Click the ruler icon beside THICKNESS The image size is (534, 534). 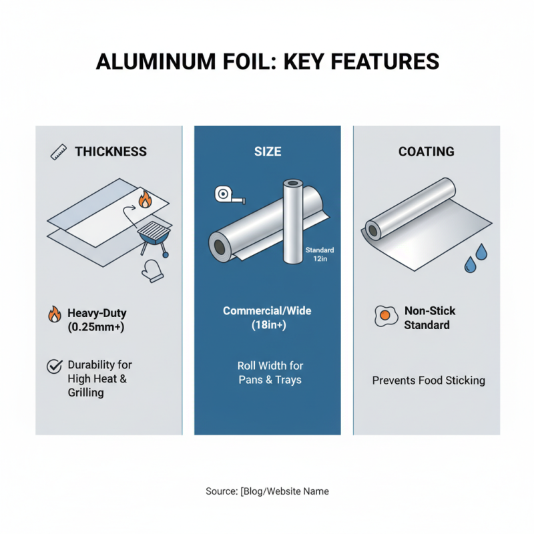pos(59,152)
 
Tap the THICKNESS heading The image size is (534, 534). pos(110,152)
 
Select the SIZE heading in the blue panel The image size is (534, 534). pos(267,152)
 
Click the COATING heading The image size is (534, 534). pos(426,152)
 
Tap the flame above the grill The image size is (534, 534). pos(145,198)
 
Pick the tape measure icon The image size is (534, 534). pos(226,195)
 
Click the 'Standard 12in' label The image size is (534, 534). pos(319,255)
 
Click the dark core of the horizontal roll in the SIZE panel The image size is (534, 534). pos(218,246)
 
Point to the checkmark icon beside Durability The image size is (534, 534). pos(53,366)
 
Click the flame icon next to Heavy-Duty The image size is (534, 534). pos(54,314)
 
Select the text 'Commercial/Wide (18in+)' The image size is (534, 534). pos(267,318)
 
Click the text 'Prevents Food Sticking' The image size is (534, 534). pos(428,380)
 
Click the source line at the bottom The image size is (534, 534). pos(267,491)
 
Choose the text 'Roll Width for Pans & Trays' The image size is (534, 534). pos(269,372)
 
